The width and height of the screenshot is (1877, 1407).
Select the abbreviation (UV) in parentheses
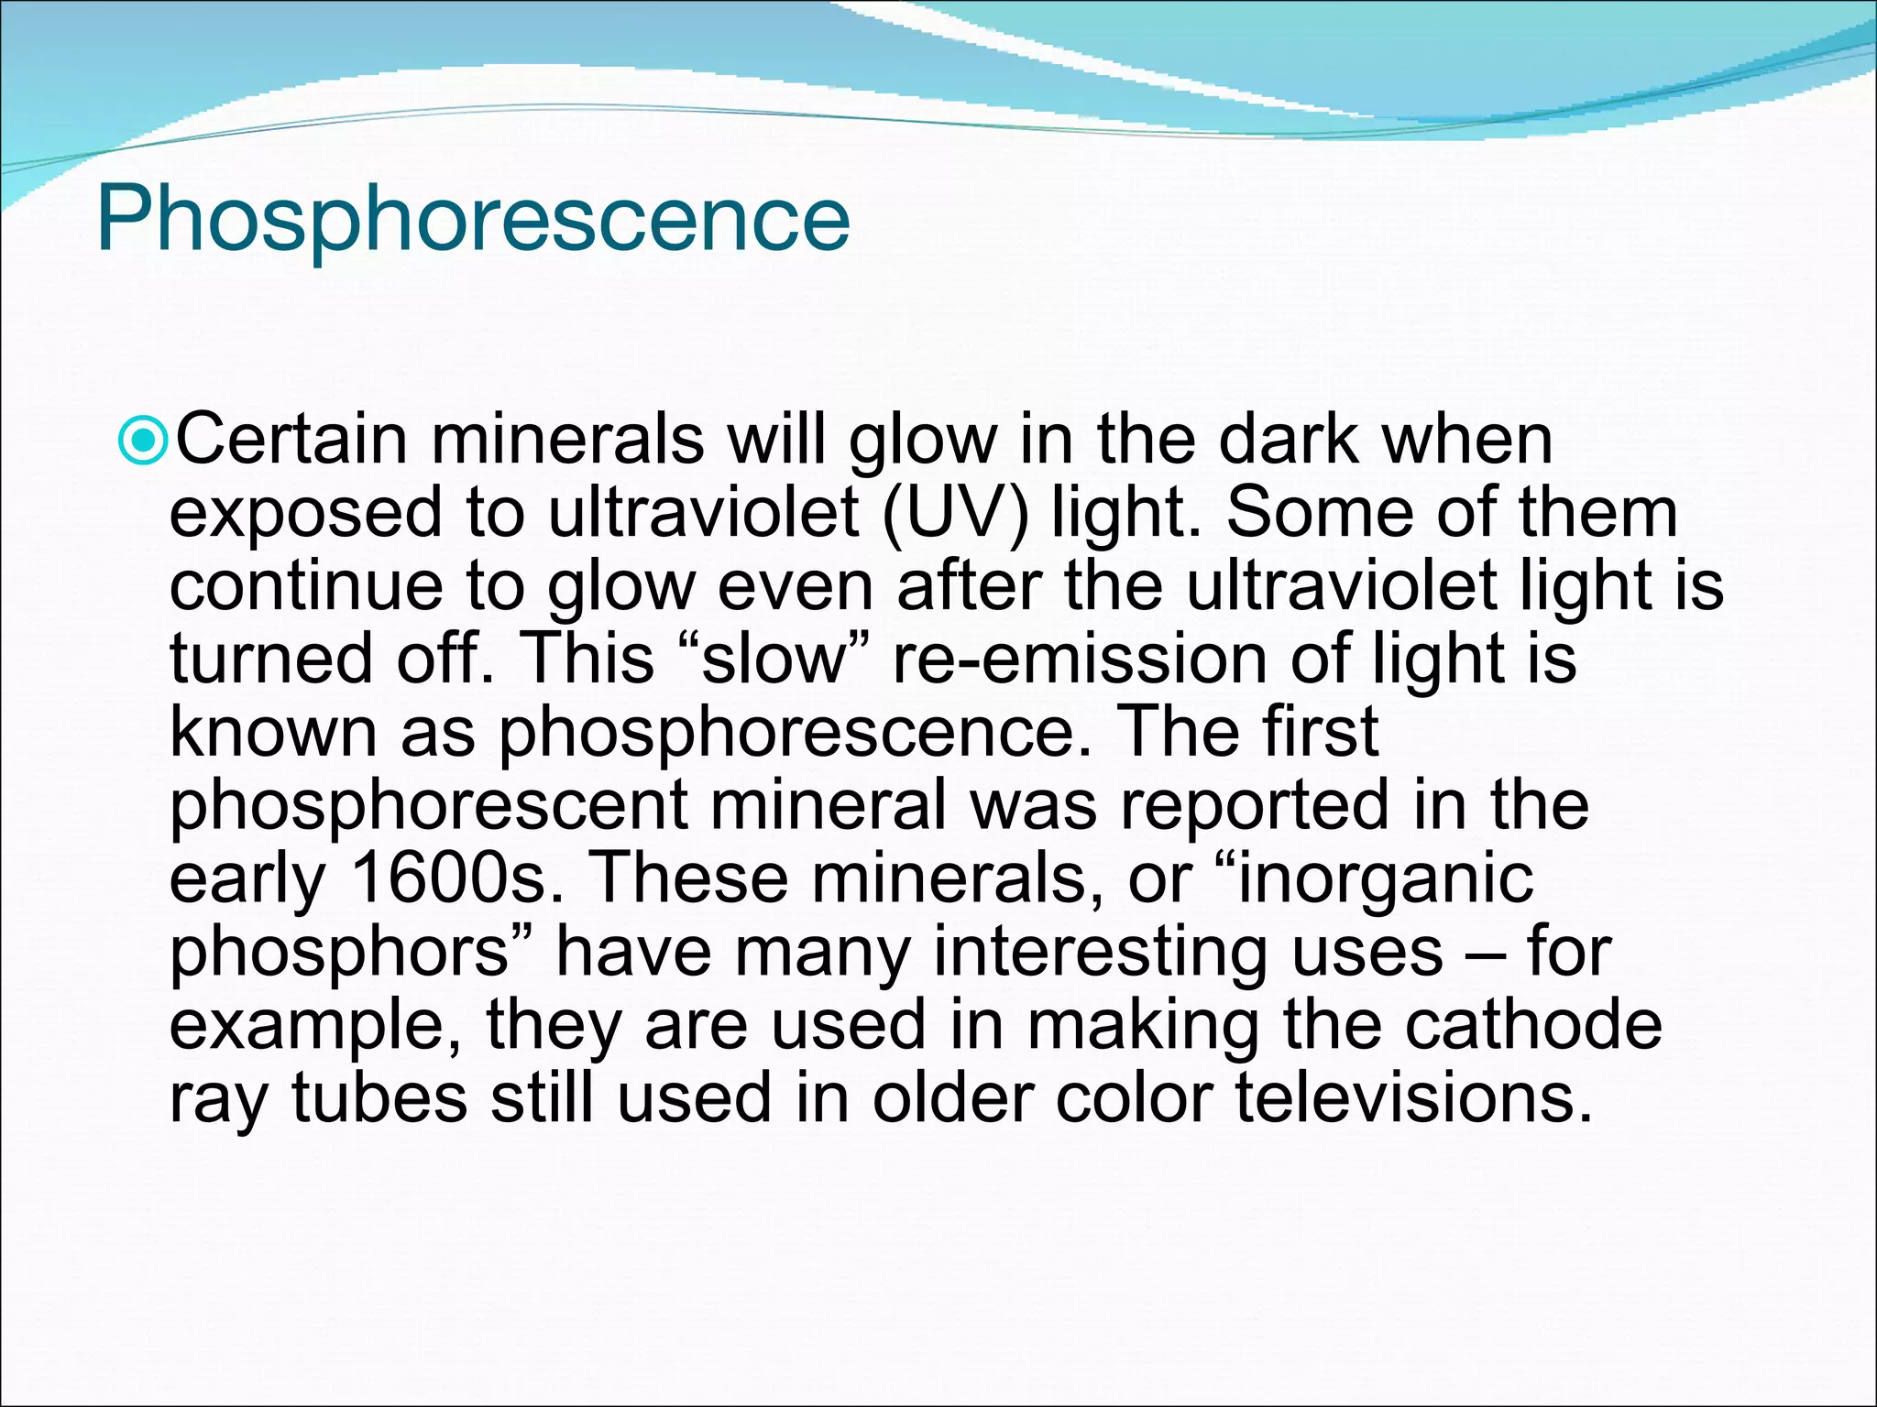click(x=954, y=514)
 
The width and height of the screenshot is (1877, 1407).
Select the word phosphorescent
click(x=428, y=807)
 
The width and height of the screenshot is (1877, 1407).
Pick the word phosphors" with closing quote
click(x=352, y=954)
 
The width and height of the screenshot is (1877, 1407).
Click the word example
click(x=316, y=1027)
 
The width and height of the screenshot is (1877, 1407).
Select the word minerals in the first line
click(x=567, y=441)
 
